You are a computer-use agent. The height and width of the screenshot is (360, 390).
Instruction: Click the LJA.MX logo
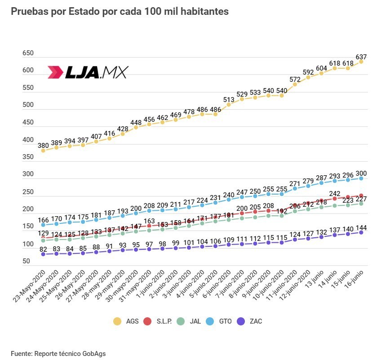88,72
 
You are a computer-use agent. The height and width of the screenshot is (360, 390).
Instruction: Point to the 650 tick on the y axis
28,53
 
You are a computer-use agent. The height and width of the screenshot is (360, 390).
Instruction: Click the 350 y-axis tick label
28,157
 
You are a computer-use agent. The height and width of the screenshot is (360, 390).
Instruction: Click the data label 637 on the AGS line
361,57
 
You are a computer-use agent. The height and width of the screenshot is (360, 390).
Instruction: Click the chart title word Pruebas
29,12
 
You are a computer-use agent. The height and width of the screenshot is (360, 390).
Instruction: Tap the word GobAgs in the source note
93,353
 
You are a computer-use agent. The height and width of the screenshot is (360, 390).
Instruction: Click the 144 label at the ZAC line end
361,227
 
